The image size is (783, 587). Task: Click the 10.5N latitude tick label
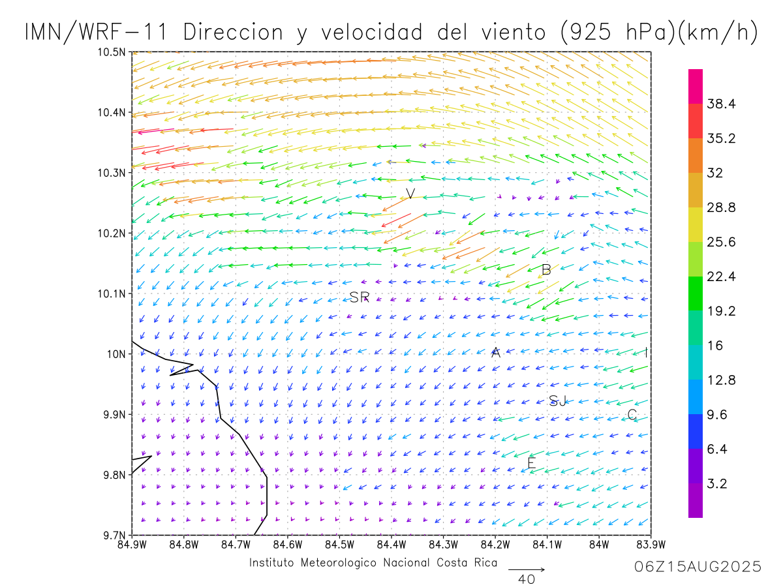click(x=112, y=52)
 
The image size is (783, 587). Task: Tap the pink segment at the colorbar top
click(x=696, y=86)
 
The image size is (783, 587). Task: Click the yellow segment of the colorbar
click(x=696, y=224)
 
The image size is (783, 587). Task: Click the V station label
click(x=410, y=194)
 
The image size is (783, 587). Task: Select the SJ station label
click(x=557, y=400)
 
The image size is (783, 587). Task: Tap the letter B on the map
click(x=547, y=270)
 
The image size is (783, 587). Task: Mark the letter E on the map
click(x=531, y=463)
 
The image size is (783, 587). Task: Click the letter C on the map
click(x=632, y=414)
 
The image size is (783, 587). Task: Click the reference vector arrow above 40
click(x=527, y=569)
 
